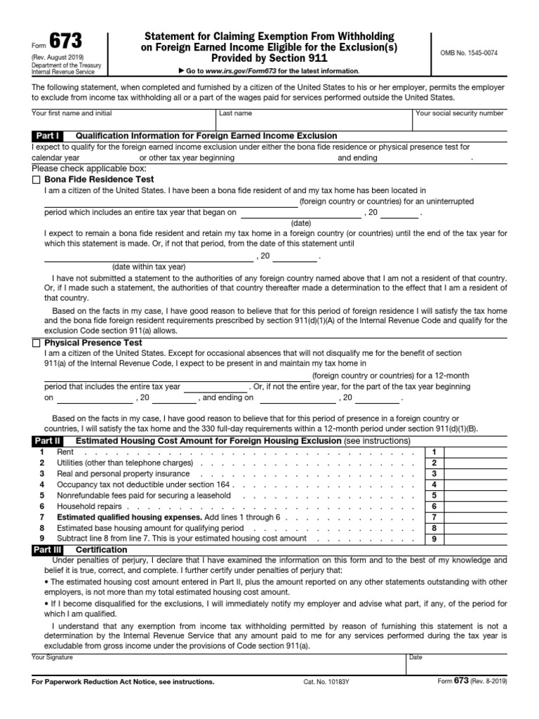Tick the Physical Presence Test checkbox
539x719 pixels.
[36, 343]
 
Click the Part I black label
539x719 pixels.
[48, 136]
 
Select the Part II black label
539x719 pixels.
[48, 441]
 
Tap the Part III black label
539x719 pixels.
[49, 550]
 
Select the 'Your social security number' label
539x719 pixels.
[459, 113]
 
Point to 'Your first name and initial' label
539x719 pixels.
[72, 113]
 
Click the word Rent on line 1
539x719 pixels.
[65, 452]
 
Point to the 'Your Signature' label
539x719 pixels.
[52, 657]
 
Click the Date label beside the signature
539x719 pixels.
[415, 657]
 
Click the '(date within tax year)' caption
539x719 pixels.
[149, 266]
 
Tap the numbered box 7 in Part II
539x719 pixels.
[434, 517]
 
